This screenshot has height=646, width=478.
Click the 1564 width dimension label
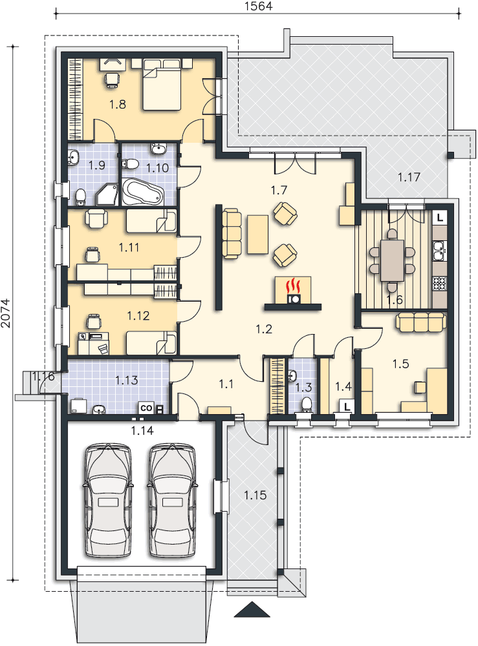[x=259, y=6]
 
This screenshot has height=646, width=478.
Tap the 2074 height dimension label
[x=6, y=313]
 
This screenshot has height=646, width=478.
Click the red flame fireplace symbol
[x=293, y=285]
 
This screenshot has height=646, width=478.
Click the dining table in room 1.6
[x=392, y=260]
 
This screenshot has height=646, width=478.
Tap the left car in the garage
[x=108, y=501]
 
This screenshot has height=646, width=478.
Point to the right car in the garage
[x=172, y=501]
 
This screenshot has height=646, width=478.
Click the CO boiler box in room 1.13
[x=147, y=408]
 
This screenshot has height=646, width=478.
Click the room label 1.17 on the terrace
[x=409, y=177]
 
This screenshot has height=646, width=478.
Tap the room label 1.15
[x=255, y=495]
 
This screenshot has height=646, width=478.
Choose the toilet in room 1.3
[x=307, y=404]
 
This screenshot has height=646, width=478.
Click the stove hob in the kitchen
[x=440, y=284]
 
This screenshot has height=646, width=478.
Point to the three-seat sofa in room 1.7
[x=232, y=234]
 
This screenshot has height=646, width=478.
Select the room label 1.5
[x=400, y=364]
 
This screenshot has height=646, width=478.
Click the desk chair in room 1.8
[x=112, y=79]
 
